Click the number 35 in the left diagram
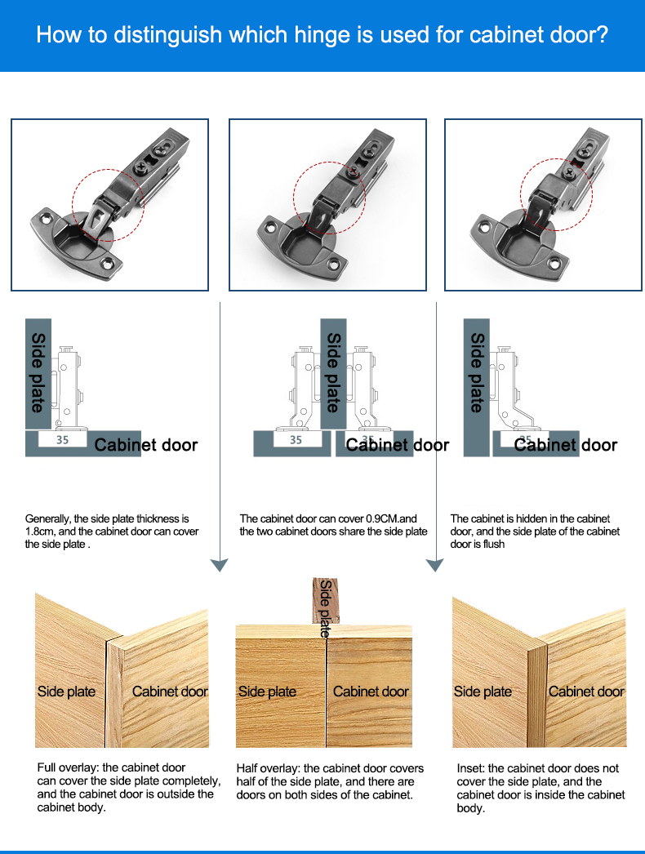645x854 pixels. click(x=63, y=439)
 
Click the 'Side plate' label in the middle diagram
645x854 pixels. click(x=333, y=372)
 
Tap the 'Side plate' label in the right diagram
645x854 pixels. click(x=477, y=372)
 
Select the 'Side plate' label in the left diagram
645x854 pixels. click(x=38, y=372)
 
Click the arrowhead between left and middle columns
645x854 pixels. click(x=220, y=565)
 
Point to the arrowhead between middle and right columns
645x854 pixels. click(x=434, y=565)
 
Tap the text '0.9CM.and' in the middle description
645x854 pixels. click(x=392, y=518)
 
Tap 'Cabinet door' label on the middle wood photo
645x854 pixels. click(x=371, y=692)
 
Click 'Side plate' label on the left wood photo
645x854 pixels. click(x=66, y=692)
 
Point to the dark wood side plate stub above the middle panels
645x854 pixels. click(x=325, y=600)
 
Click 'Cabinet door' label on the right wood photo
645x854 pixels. click(x=586, y=692)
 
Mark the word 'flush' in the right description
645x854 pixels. click(x=493, y=544)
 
